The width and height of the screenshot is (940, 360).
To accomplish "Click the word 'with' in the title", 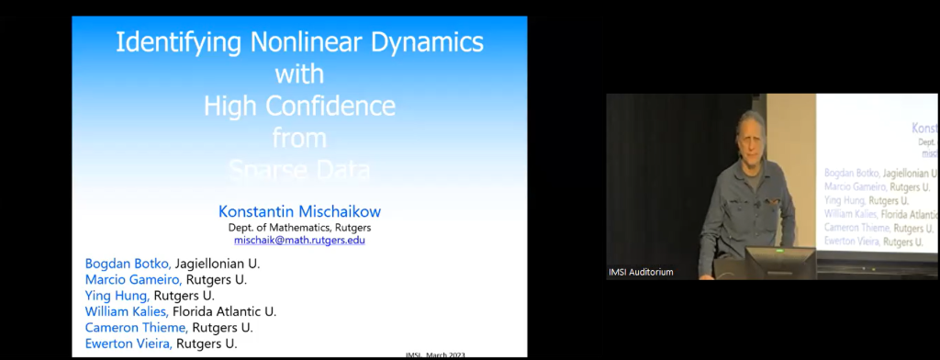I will (x=299, y=73).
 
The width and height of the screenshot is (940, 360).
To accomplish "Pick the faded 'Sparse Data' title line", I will (x=299, y=170).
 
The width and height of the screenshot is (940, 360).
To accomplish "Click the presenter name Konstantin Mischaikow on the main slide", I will (x=298, y=211).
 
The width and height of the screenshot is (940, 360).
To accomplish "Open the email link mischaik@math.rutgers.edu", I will (x=298, y=241).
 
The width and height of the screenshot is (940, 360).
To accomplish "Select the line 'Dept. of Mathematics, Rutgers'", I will (x=299, y=227).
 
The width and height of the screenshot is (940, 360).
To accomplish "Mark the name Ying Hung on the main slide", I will (x=117, y=296).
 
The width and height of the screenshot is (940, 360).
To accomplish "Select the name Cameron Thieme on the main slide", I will (x=136, y=328).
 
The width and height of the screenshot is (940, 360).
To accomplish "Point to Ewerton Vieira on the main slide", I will (x=129, y=343).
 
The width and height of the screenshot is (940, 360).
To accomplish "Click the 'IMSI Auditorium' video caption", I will (x=641, y=272).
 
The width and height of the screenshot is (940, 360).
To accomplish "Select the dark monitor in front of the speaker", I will (x=778, y=262).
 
